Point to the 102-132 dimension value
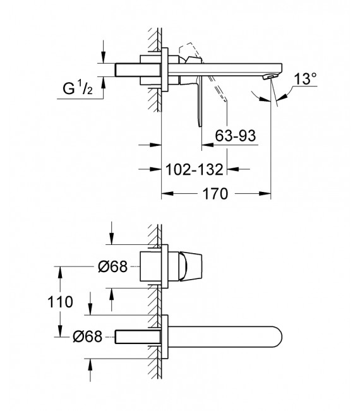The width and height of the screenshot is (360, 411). tap(195, 169)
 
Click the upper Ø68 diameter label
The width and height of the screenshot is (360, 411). tap(114, 267)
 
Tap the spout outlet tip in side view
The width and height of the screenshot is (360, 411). tap(270, 76)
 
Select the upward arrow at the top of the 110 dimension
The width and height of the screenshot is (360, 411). tap(60, 270)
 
